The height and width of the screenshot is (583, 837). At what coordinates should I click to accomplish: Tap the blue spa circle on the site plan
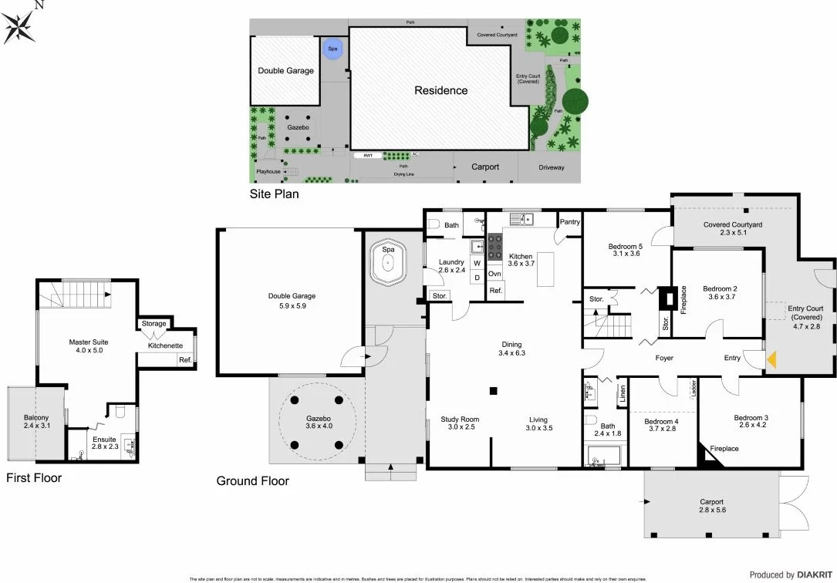pyautogui.click(x=332, y=49)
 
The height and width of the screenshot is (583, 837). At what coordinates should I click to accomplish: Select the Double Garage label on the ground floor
pyautogui.click(x=292, y=295)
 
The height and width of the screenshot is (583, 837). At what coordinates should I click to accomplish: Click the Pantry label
pyautogui.click(x=569, y=222)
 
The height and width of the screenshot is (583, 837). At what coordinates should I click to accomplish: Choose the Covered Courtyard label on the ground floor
pyautogui.click(x=732, y=225)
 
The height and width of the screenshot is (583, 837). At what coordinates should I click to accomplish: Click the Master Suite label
pyautogui.click(x=88, y=342)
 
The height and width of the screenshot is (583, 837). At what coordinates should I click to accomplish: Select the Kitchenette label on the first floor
pyautogui.click(x=165, y=345)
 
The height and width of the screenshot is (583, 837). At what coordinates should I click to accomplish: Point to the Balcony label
pyautogui.click(x=35, y=420)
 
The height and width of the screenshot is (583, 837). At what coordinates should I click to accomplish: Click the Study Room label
pyautogui.click(x=460, y=420)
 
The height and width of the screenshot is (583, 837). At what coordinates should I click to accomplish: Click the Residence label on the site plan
pyautogui.click(x=440, y=90)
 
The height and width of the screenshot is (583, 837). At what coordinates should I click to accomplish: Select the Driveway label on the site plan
pyautogui.click(x=551, y=167)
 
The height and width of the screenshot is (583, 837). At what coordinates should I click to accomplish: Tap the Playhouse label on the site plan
pyautogui.click(x=268, y=171)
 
